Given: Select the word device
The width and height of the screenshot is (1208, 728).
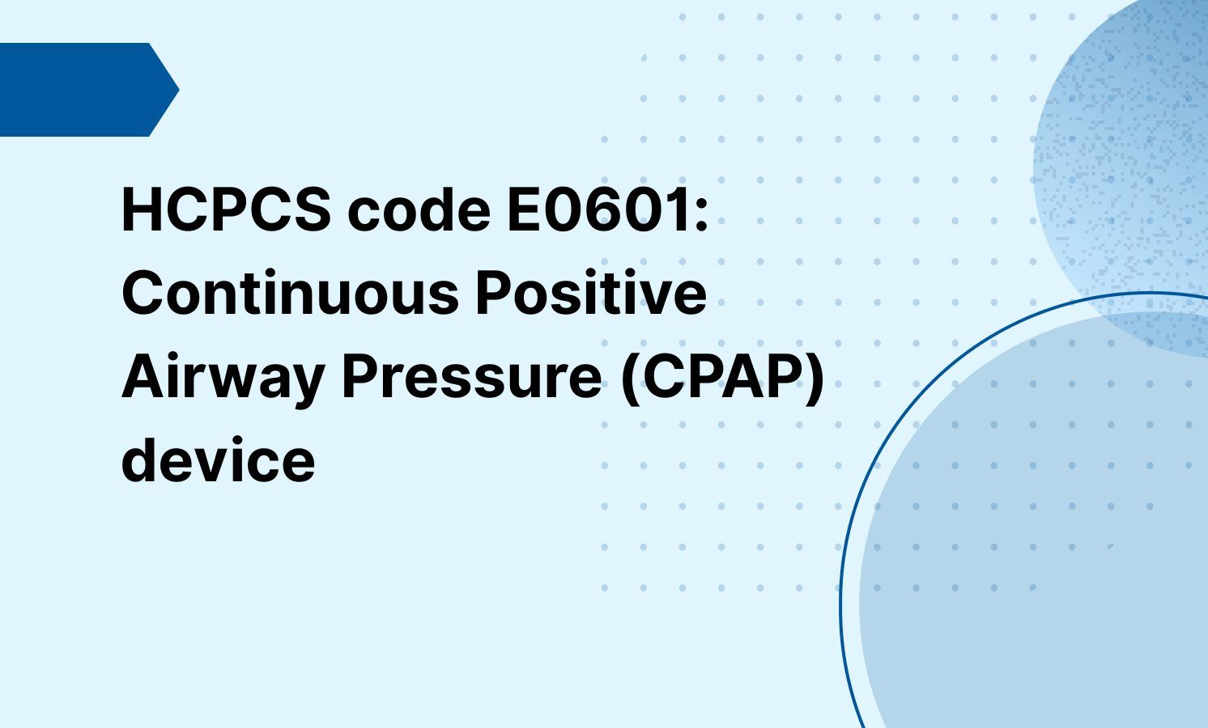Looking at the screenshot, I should (x=218, y=461).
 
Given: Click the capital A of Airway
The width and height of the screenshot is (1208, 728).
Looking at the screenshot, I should (x=139, y=378).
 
